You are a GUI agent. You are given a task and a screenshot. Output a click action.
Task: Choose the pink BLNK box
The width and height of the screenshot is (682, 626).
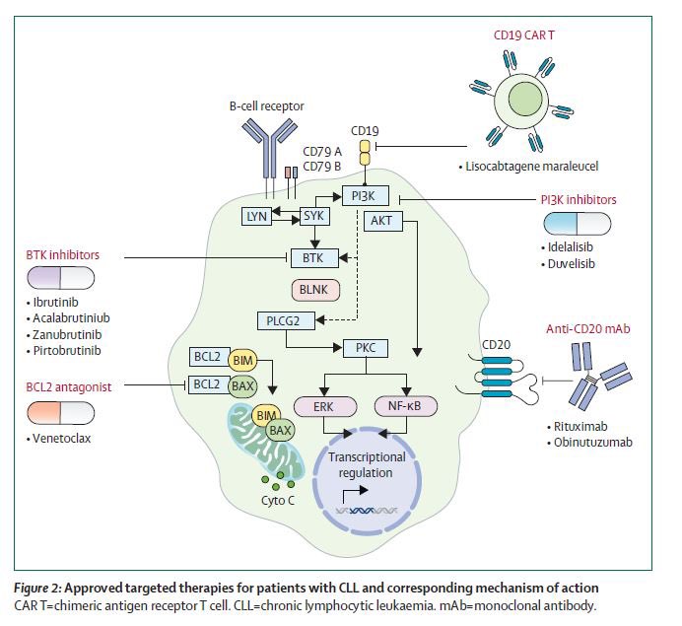[315, 290]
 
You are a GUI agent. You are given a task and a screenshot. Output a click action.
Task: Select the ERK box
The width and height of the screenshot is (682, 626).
[324, 406]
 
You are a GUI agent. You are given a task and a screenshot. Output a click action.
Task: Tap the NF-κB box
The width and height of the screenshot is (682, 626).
[405, 406]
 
